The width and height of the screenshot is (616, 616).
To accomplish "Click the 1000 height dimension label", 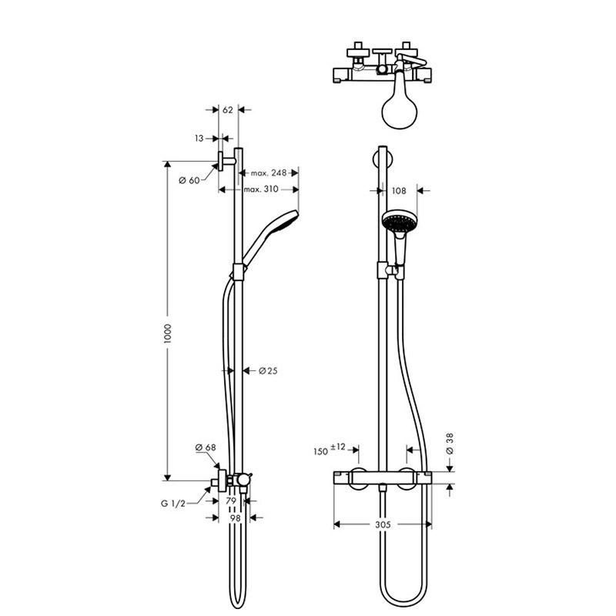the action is (x=167, y=334).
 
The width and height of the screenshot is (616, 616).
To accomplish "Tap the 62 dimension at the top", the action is (x=228, y=110).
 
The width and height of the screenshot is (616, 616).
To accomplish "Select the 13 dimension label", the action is (x=199, y=139).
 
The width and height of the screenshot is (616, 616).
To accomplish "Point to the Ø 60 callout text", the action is (x=189, y=180).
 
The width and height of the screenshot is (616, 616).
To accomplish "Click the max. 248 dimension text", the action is (x=269, y=172).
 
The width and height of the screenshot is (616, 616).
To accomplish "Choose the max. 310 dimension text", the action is (x=261, y=189).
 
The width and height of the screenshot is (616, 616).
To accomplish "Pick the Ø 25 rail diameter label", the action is (x=268, y=370).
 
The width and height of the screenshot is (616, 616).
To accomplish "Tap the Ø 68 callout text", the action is (x=206, y=447).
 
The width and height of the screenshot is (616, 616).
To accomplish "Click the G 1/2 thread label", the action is (x=172, y=504).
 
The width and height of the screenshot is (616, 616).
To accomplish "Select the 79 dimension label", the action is (x=231, y=501).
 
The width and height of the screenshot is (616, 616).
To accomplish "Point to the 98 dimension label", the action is (x=235, y=518).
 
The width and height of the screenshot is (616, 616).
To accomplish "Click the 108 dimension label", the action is (x=399, y=191).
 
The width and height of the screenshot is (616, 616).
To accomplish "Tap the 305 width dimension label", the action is (x=383, y=524).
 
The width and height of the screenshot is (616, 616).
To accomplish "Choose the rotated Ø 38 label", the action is (x=450, y=444).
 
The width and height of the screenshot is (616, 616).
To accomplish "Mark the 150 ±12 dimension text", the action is (x=330, y=449).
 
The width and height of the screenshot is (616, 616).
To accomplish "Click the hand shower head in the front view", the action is (x=399, y=221).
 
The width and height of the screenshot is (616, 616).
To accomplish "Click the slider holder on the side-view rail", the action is (x=238, y=272).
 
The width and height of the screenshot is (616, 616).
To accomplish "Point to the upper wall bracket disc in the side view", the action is (x=220, y=161).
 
